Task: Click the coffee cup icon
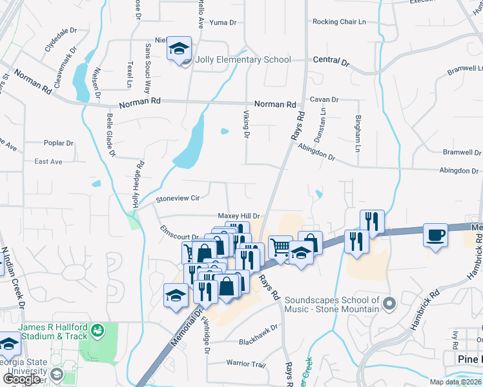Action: (x=435, y=235)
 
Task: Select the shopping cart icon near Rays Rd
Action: (x=280, y=247)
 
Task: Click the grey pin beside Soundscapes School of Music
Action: (x=388, y=303)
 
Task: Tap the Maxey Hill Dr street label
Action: (x=238, y=216)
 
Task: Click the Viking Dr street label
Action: (x=246, y=123)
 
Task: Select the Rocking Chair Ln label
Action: (x=339, y=22)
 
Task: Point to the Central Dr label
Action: (x=331, y=63)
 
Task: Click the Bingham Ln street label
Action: (x=357, y=134)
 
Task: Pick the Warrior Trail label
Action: (x=246, y=364)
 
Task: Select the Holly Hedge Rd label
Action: (x=136, y=184)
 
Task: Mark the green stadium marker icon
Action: (x=98, y=331)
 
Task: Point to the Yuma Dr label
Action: (x=223, y=23)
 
